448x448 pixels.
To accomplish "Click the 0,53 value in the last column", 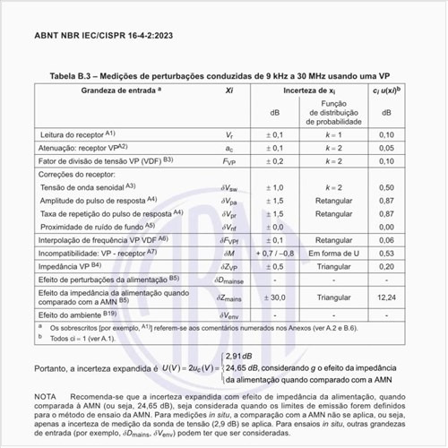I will point(387,253).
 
